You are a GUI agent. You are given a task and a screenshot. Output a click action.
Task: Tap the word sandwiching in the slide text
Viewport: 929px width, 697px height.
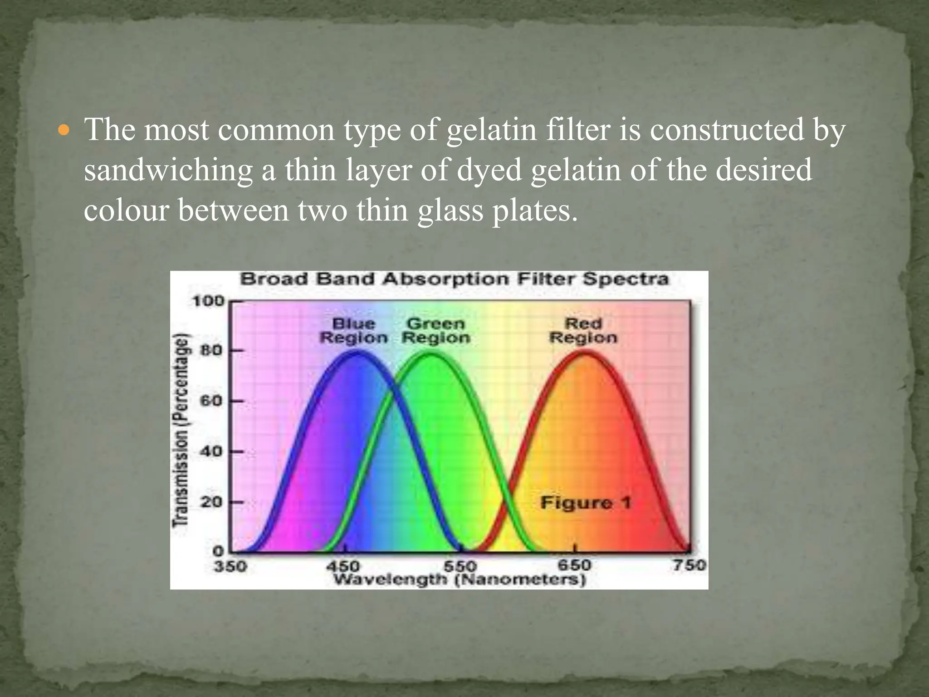pos(168,171)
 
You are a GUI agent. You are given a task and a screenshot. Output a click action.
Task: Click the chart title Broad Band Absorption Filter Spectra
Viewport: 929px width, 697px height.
pos(454,279)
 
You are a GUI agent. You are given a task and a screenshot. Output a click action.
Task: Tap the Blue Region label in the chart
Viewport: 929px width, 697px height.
pos(354,331)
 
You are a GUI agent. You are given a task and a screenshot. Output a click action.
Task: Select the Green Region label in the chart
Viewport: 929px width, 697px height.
pos(436,331)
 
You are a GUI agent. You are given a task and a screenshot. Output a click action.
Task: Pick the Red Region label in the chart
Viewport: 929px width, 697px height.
pos(583,331)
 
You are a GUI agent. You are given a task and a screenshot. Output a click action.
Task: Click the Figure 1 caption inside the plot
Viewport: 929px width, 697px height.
pos(586,503)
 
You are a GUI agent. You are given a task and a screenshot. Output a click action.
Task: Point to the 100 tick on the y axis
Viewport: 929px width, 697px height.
pos(208,301)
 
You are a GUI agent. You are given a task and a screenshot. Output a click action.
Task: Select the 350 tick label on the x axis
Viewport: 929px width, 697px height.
pos(230,566)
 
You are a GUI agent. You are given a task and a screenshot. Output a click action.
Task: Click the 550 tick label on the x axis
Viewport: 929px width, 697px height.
pos(460,566)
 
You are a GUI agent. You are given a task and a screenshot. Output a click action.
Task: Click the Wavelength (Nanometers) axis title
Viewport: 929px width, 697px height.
pos(460,580)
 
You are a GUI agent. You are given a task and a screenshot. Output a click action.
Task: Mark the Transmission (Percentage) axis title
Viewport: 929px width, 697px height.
pos(181,430)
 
